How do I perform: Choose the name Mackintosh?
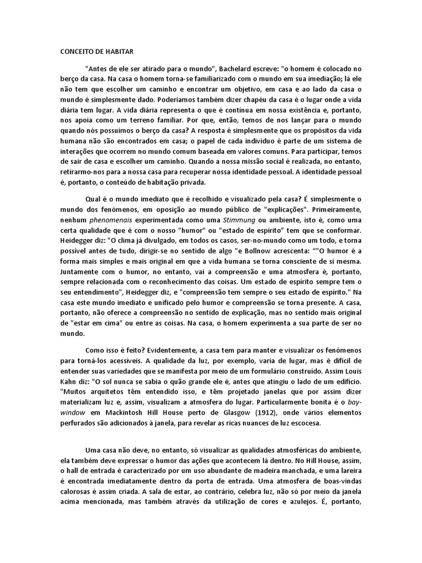tap(127, 412)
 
